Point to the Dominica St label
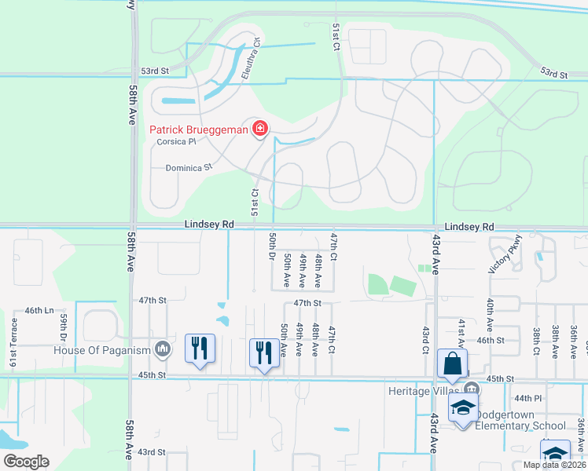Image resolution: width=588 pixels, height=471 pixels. (x=189, y=167)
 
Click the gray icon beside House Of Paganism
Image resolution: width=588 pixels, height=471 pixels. (x=163, y=349)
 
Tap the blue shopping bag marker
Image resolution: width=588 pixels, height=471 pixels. (x=452, y=363)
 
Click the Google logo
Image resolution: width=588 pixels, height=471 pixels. (x=26, y=462)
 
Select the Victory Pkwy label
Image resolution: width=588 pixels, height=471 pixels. (x=493, y=255)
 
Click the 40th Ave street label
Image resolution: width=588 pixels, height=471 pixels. (x=489, y=314)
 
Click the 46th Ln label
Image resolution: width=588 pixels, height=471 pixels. (x=39, y=311)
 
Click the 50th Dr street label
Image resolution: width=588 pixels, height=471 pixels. (x=271, y=248)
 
